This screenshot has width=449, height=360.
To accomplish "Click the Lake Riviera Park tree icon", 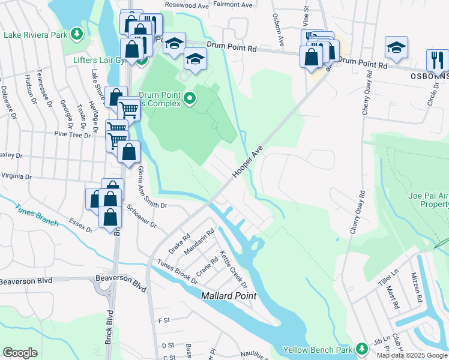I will (76, 34).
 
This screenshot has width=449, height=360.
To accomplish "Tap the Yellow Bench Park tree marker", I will (361, 349).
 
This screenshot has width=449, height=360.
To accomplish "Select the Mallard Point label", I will (229, 296).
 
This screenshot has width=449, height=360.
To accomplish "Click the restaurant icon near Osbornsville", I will (435, 60).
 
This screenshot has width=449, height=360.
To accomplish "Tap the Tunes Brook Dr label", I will (177, 271).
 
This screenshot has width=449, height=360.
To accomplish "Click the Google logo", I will (20, 353).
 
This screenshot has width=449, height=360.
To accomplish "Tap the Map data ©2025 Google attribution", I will (412, 355).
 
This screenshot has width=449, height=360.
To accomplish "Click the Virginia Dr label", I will (16, 176).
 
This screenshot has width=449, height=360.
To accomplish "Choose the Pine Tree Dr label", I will (71, 134).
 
